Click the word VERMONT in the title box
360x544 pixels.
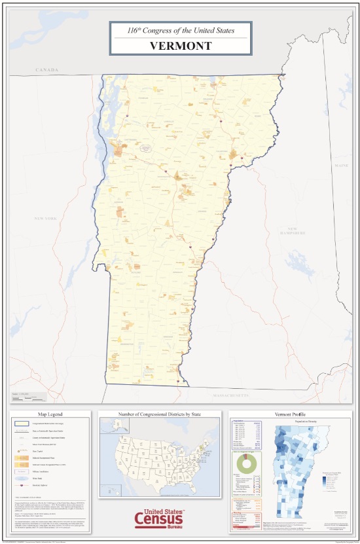[181, 46]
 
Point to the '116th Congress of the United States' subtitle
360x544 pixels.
[181, 30]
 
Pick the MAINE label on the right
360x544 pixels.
[342, 166]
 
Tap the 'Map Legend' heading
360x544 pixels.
[50, 414]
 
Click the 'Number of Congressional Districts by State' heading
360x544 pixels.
[160, 414]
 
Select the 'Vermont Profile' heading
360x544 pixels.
[291, 414]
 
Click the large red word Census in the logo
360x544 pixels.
[159, 519]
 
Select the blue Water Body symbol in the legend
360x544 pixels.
[22, 479]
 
